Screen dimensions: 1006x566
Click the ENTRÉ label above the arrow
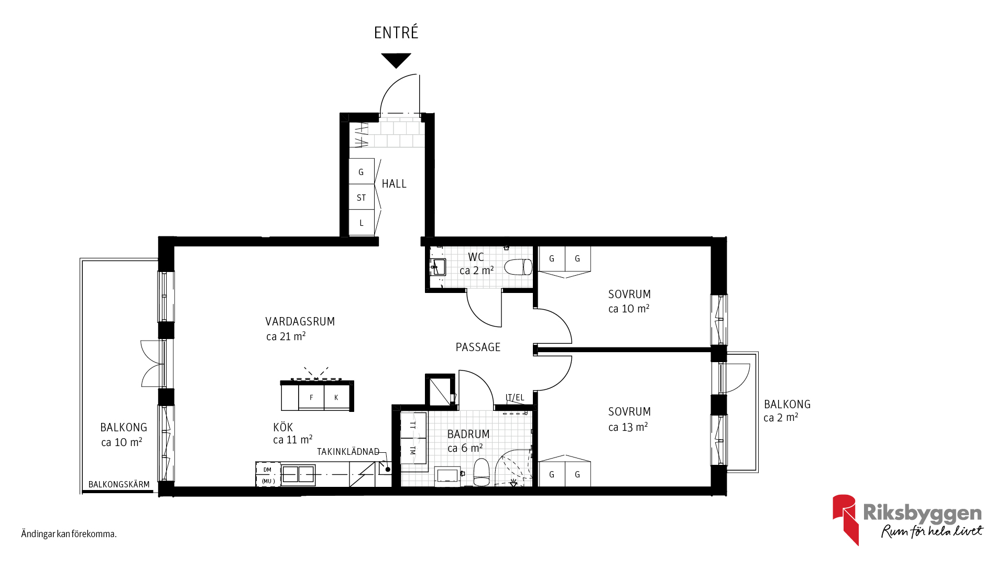pyautogui.click(x=396, y=32)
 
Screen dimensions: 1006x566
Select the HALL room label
pyautogui.click(x=394, y=184)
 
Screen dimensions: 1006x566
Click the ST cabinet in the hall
pyautogui.click(x=362, y=197)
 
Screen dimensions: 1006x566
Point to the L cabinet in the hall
pyautogui.click(x=362, y=223)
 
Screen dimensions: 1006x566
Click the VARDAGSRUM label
pyautogui.click(x=300, y=322)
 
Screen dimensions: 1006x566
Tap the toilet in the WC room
pyautogui.click(x=518, y=267)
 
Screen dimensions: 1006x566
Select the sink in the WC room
pyautogui.click(x=438, y=267)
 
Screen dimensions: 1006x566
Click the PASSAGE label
pyautogui.click(x=478, y=347)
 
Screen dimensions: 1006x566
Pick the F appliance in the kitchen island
pyautogui.click(x=311, y=398)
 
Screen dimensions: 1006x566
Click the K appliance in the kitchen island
pyautogui.click(x=336, y=398)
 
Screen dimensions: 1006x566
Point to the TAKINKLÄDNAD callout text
pyautogui.click(x=348, y=452)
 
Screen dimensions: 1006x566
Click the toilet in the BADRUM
pyautogui.click(x=482, y=472)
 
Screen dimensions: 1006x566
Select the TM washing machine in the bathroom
pyautogui.click(x=413, y=451)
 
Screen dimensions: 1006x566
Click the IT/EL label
pyautogui.click(x=515, y=398)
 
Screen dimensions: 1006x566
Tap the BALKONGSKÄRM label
pyautogui.click(x=119, y=485)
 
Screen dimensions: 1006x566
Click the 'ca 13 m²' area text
pyautogui.click(x=628, y=427)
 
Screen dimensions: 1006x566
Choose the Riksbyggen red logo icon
pyautogui.click(x=845, y=519)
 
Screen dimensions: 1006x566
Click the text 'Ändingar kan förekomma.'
pyautogui.click(x=69, y=534)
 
